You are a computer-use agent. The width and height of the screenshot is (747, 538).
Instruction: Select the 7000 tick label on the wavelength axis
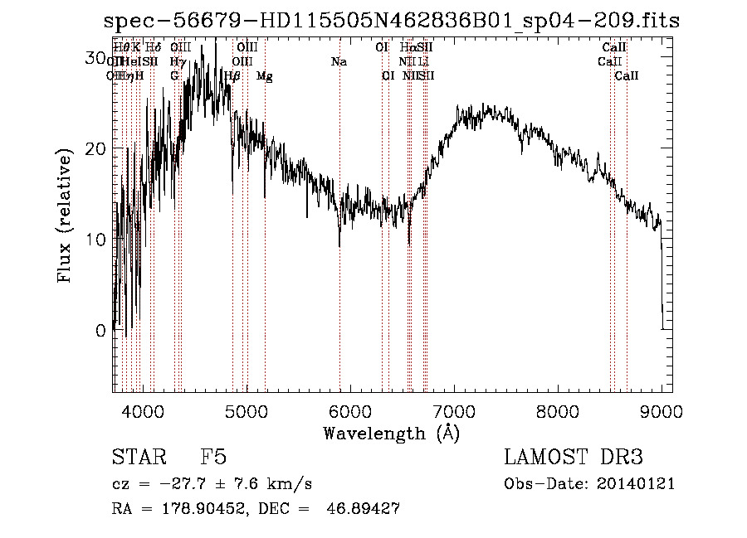[x=454, y=410]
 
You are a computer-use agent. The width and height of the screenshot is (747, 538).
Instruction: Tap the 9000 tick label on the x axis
[x=662, y=410]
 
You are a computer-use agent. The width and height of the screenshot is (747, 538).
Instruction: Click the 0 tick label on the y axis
[x=100, y=330]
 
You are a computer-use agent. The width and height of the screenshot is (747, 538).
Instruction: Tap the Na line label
[x=339, y=62]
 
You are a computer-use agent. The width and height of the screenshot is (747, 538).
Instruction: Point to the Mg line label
[x=264, y=76]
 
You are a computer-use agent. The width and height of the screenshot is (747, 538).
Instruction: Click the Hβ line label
[x=232, y=76]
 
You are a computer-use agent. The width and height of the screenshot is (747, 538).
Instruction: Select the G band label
[x=174, y=76]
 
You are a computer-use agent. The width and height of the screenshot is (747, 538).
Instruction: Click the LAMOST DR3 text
[x=574, y=458]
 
